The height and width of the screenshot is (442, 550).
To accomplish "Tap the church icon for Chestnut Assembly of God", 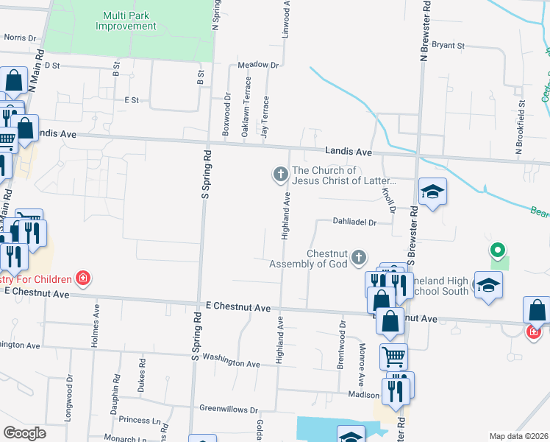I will (x=358, y=258).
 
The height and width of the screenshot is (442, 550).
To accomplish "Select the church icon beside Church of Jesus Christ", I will (x=280, y=175).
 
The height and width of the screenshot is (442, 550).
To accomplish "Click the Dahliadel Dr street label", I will (x=354, y=222).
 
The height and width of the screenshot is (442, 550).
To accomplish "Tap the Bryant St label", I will (x=449, y=46).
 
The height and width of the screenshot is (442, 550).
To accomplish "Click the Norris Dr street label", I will (x=19, y=37).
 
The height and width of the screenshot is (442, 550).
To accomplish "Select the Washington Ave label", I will (x=232, y=361).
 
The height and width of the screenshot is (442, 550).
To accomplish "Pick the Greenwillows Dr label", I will (x=229, y=409).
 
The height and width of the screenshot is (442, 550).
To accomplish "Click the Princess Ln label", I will (x=139, y=420).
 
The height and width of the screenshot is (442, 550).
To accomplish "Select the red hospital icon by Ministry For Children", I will (x=84, y=278).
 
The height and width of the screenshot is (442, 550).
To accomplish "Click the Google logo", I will (x=24, y=433).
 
